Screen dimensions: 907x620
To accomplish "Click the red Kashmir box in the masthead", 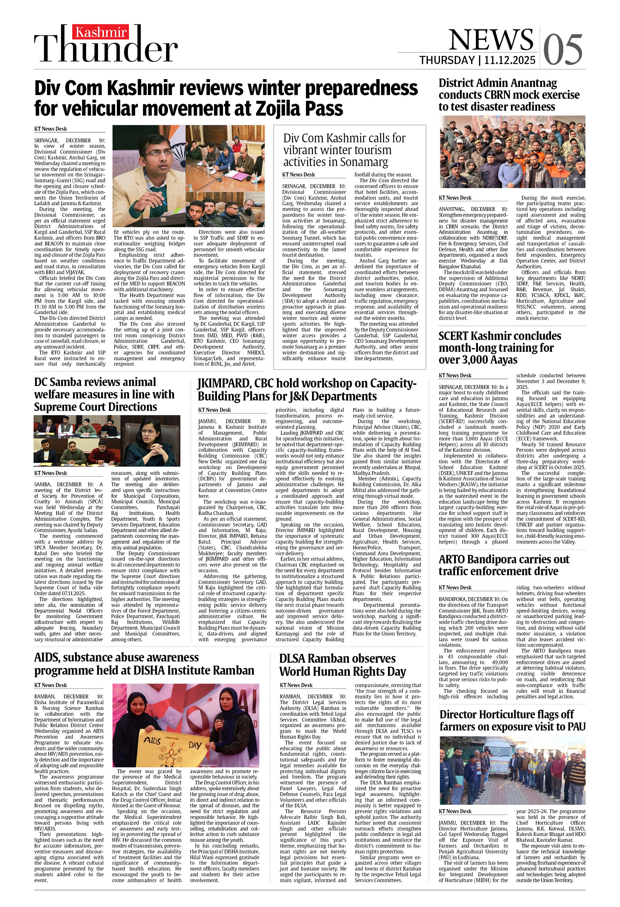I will [x=101, y=32].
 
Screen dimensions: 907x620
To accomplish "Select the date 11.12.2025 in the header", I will [x=510, y=60].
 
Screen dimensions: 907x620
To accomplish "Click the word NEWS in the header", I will [x=491, y=39].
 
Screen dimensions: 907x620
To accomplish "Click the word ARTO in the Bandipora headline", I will [x=454, y=559].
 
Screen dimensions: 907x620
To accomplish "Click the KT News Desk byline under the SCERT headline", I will [x=455, y=376].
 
